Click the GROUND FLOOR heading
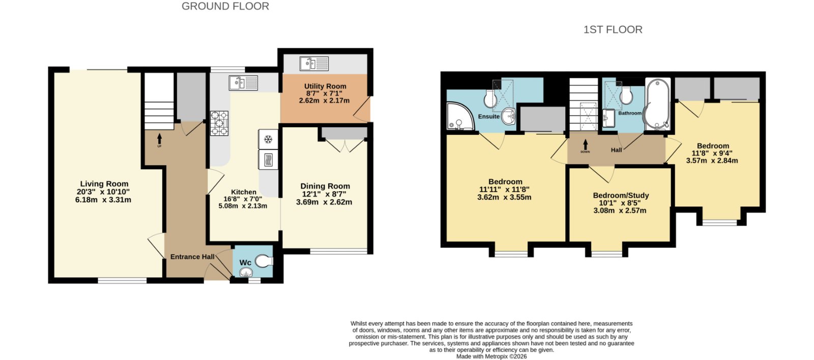coord(225,6)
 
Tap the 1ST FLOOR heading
coord(613,29)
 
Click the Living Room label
coord(104,184)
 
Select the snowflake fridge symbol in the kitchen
coord(268,139)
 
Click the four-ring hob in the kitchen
coord(219,123)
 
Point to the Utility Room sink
coord(314,64)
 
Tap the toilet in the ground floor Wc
coord(264,261)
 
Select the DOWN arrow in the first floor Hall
coord(585,144)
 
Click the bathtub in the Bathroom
coord(657,104)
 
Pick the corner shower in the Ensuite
coord(460,116)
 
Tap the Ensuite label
coord(489,116)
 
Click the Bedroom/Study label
coord(621,195)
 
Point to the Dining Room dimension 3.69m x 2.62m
coord(324,202)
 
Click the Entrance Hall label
coord(192,257)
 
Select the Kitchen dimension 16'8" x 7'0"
coord(243,199)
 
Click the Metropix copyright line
coord(491,357)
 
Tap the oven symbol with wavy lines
coord(268,160)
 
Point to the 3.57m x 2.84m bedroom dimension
coord(712,161)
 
